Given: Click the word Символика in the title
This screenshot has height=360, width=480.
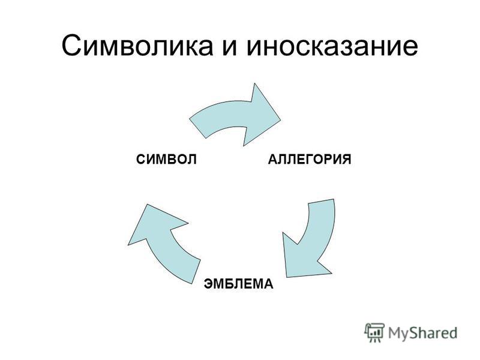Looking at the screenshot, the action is click(x=137, y=46).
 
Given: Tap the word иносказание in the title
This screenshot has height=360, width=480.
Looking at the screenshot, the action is click(x=332, y=46).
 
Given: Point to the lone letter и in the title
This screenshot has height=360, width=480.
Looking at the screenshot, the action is click(x=230, y=49).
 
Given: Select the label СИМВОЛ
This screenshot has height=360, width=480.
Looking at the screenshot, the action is click(x=166, y=160).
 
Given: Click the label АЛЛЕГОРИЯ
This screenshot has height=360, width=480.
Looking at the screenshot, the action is click(x=310, y=160).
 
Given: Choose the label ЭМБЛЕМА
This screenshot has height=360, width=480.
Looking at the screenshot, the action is click(x=238, y=284).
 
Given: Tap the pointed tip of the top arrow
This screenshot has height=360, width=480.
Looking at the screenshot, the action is click(x=280, y=119).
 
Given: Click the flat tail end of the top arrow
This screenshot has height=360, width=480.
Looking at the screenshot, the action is click(x=197, y=128).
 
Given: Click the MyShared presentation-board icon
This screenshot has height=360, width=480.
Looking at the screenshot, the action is click(x=374, y=332).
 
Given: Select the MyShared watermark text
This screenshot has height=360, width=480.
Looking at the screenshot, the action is click(x=423, y=333).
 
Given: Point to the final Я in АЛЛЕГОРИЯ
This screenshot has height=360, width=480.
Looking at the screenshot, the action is click(x=346, y=160).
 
